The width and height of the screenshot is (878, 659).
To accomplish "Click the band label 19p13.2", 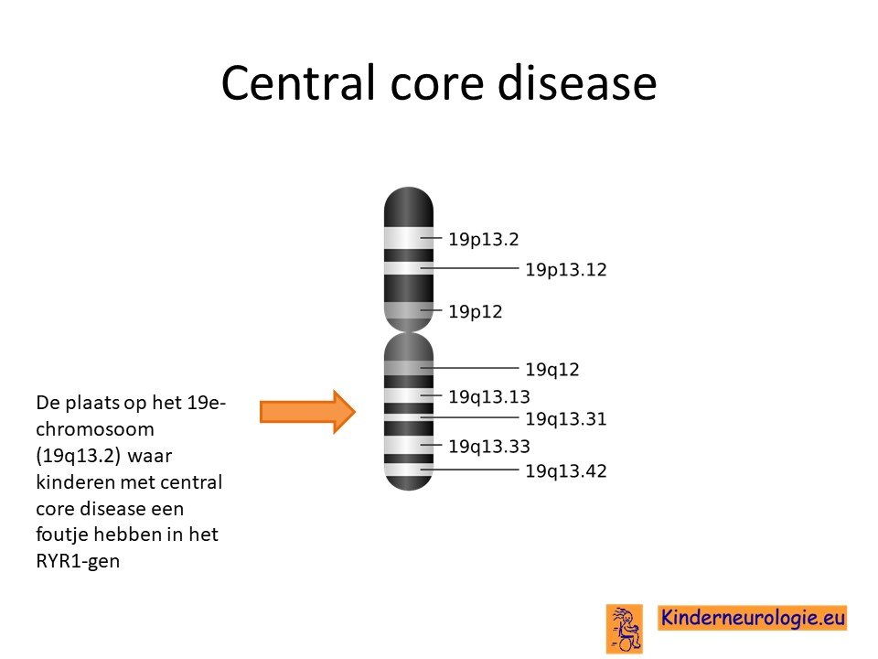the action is (x=483, y=240).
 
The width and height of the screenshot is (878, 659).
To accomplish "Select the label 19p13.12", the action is (x=565, y=269).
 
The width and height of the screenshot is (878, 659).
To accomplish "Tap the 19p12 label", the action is (x=475, y=311).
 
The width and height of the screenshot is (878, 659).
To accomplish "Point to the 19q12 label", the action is (x=551, y=370).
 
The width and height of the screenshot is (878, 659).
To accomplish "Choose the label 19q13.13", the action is (x=488, y=396).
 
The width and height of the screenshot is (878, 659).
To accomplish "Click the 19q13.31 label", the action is (x=565, y=418).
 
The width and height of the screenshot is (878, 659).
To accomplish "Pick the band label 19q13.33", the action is (x=488, y=447).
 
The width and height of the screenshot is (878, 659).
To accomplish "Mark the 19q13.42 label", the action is (x=565, y=470).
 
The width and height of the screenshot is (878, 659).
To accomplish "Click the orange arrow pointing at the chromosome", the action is (x=307, y=412).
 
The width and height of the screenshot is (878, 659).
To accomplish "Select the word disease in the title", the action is (x=577, y=83).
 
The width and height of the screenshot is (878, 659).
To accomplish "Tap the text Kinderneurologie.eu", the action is (x=752, y=618).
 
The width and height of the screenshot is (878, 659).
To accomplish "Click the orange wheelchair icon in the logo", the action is (x=625, y=629).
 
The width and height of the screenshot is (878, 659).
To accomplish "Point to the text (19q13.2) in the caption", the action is (x=79, y=456).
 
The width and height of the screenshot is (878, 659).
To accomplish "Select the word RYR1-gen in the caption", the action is (x=78, y=561).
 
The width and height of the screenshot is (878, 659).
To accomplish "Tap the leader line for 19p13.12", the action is (x=469, y=268).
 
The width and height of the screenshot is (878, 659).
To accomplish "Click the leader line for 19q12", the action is (x=469, y=368).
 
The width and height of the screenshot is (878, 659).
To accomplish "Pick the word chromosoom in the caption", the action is (x=94, y=429).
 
